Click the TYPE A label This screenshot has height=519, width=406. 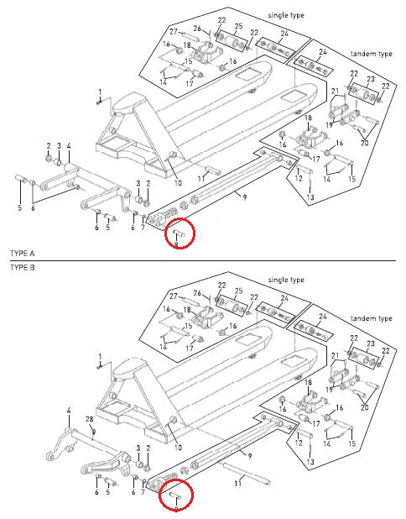(x=22, y=253)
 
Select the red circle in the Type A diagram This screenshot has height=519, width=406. (x=179, y=233)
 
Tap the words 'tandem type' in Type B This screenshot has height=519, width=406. (x=372, y=319)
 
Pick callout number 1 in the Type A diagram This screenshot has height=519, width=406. (x=99, y=92)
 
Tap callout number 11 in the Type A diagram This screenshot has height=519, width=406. (x=201, y=179)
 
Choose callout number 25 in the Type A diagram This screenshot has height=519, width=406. (x=238, y=28)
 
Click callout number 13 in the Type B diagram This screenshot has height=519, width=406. (x=310, y=462)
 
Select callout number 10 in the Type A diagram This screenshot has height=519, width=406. (x=177, y=183)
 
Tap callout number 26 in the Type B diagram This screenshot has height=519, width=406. (x=198, y=293)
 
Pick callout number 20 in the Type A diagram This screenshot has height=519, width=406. (x=364, y=142)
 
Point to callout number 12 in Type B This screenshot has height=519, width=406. (x=298, y=443)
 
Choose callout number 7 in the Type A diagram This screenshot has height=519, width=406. (x=143, y=228)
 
